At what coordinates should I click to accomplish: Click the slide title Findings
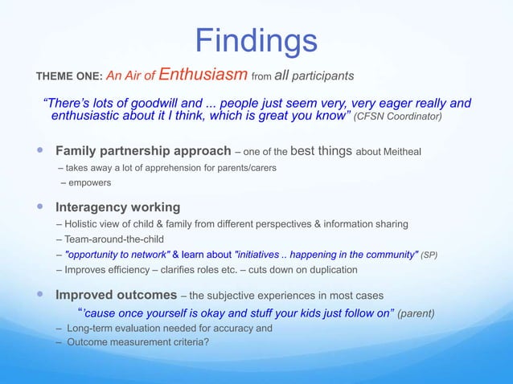pyautogui.click(x=256, y=40)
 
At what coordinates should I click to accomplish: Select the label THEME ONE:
pyautogui.click(x=68, y=77)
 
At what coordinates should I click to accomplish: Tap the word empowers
pyautogui.click(x=90, y=183)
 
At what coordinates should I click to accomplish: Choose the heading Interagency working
pyautogui.click(x=117, y=207)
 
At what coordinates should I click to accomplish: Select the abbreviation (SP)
pyautogui.click(x=431, y=255)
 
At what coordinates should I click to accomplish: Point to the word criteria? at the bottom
pyautogui.click(x=215, y=342)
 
